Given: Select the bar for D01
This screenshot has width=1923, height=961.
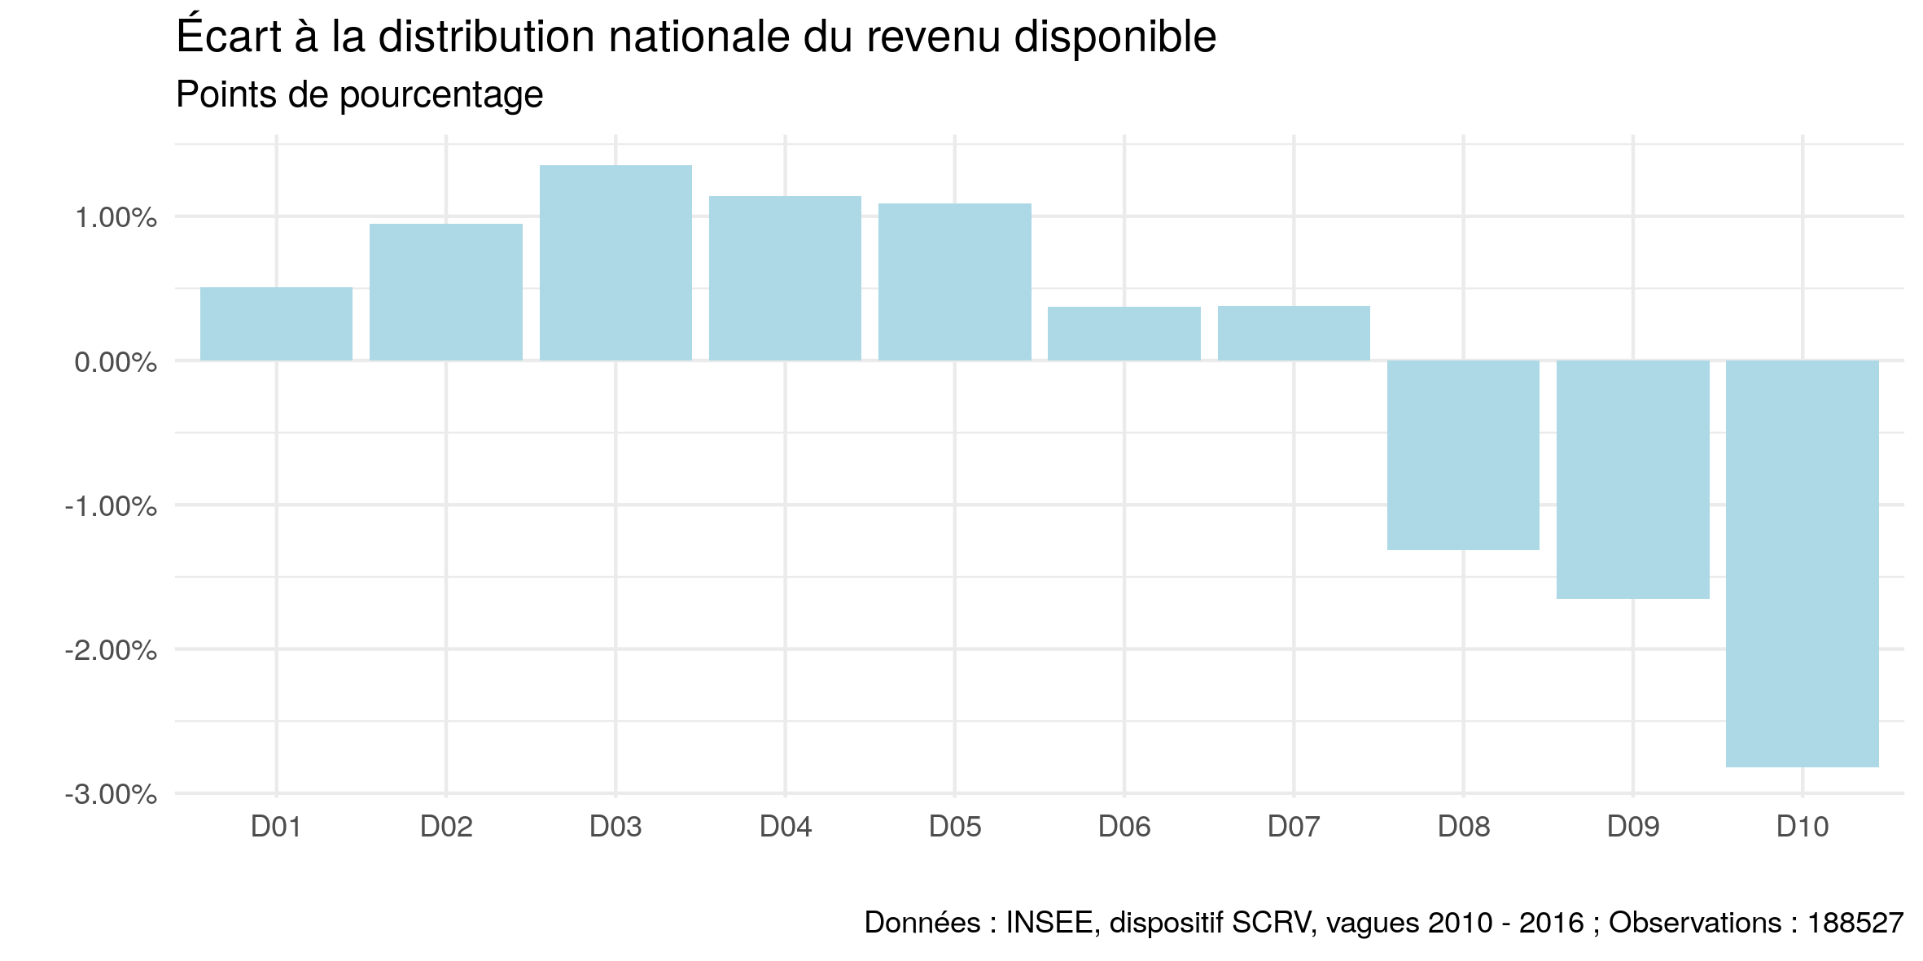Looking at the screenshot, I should click(x=276, y=324).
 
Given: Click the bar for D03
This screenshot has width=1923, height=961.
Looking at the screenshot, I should click(x=615, y=263).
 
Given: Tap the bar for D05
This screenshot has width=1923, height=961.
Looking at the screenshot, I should click(x=954, y=282).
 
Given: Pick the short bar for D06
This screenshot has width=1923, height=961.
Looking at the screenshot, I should click(x=1124, y=334).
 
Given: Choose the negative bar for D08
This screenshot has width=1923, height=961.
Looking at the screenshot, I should click(x=1463, y=455).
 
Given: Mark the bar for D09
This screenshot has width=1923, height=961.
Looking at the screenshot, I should click(x=1632, y=479).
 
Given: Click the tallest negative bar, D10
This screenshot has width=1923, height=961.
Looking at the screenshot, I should click(x=1802, y=563).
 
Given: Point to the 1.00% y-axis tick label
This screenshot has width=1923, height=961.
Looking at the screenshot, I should click(x=116, y=217).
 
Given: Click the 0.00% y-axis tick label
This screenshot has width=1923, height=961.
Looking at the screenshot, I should click(x=116, y=362).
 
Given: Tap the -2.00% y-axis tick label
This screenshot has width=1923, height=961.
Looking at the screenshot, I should click(x=111, y=650).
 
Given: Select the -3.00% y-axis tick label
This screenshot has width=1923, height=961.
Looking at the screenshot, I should click(x=111, y=794).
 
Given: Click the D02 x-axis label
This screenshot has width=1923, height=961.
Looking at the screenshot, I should click(x=446, y=827).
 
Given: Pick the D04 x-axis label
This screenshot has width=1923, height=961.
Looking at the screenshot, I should click(x=785, y=827).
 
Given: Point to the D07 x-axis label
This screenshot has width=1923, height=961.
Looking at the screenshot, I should click(x=1294, y=827).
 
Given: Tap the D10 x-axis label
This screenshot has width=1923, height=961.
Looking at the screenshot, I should click(x=1802, y=827).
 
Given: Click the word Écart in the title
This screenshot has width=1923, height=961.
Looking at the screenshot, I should click(x=229, y=37).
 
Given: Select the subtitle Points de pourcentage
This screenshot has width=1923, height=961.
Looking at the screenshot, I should click(x=359, y=95).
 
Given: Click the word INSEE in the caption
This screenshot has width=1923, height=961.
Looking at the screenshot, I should click(x=1049, y=923).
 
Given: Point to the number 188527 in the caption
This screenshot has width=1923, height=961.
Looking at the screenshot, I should click(x=1855, y=923).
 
